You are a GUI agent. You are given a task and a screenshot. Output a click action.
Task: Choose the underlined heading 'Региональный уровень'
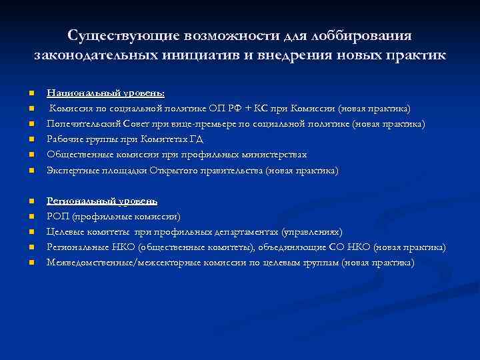pyautogui.click(x=102, y=201)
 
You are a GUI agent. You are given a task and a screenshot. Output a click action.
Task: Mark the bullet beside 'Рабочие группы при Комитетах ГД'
pyautogui.click(x=31, y=140)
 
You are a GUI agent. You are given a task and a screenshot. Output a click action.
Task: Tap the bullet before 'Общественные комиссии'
pyautogui.click(x=31, y=155)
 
